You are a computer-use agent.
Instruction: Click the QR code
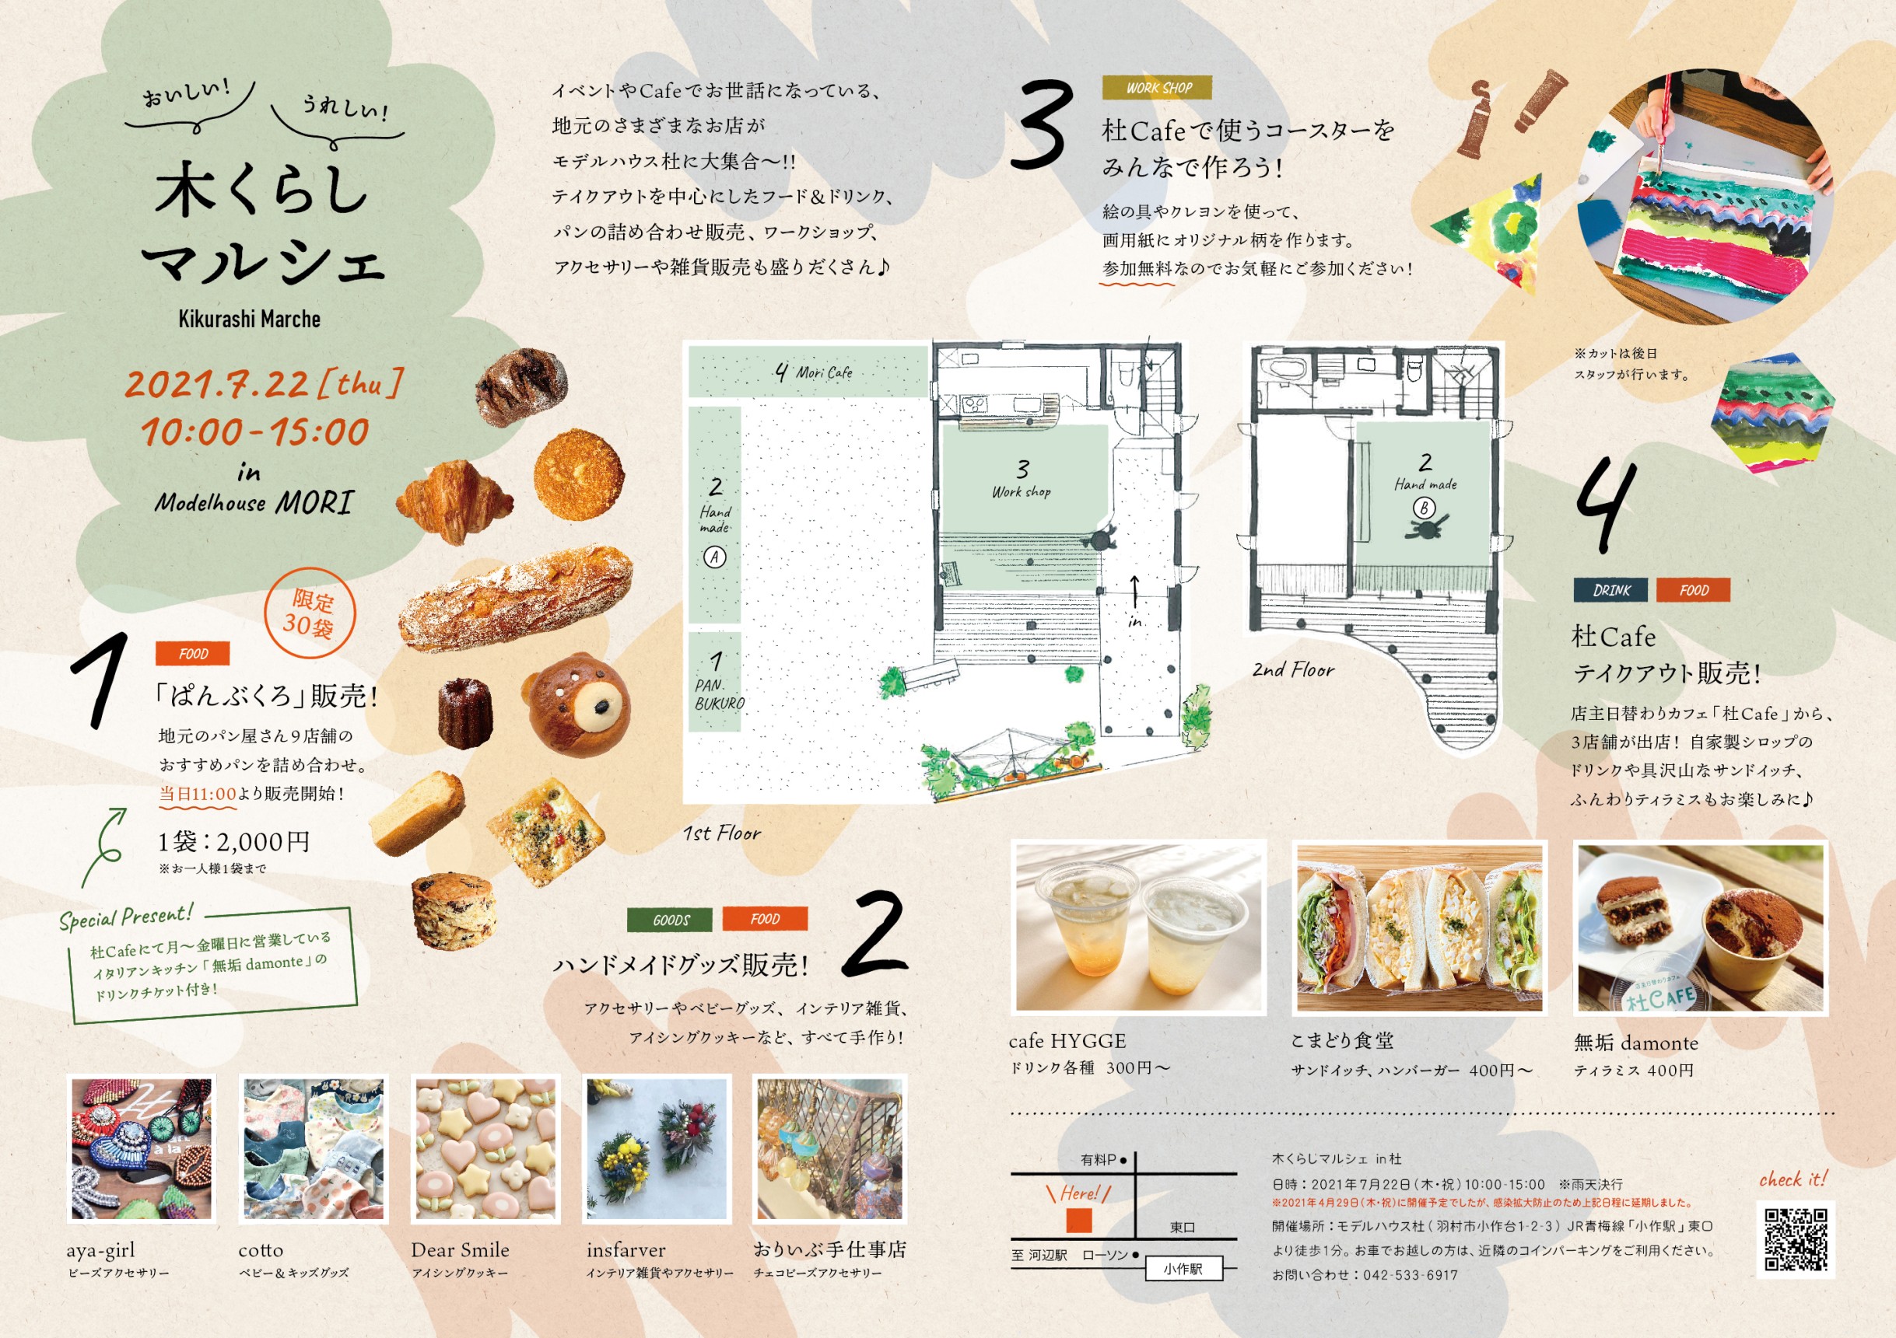click(x=1796, y=1239)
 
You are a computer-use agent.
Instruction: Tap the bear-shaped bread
click(x=578, y=701)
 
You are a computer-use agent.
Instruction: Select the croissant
click(x=455, y=500)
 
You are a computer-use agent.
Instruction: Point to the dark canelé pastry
click(x=465, y=713)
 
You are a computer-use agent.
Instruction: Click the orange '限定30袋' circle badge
click(x=310, y=613)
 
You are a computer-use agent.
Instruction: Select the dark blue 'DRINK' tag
click(x=1610, y=590)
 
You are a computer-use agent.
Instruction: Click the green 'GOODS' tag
click(x=671, y=920)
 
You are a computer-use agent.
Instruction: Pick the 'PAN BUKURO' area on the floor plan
click(x=715, y=682)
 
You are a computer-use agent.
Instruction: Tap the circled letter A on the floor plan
click(x=714, y=557)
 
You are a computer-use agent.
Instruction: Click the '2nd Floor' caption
click(x=1292, y=669)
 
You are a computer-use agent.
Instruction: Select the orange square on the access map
click(x=1078, y=1220)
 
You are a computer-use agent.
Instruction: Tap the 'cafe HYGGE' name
click(x=1067, y=1042)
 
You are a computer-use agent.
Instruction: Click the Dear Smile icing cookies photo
click(x=485, y=1149)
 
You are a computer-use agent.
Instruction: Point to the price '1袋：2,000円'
click(x=234, y=842)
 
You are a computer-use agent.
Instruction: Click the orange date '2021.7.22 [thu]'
click(x=265, y=384)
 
